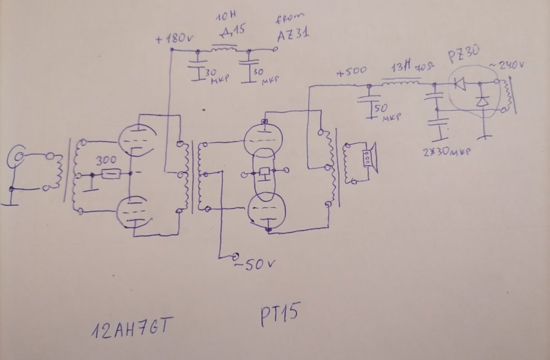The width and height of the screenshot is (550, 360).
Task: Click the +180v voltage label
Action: (x=172, y=40)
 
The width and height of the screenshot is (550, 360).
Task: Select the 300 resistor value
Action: (x=106, y=161)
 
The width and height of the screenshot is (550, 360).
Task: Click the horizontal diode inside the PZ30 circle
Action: (x=459, y=84)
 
